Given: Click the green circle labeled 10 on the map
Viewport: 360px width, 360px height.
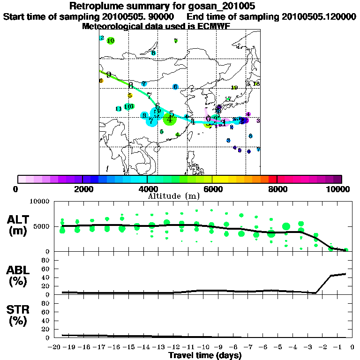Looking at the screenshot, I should (x=111, y=41).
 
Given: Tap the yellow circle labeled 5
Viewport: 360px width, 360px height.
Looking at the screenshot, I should (x=130, y=96).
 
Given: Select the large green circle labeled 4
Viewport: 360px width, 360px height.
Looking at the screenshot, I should (x=169, y=119).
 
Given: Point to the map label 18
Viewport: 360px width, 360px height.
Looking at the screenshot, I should (x=256, y=83).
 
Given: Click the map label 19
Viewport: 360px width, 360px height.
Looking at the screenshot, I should (x=234, y=88).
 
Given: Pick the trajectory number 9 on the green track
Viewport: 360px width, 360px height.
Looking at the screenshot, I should (x=109, y=75).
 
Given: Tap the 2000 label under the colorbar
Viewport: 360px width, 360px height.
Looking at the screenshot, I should (x=82, y=189).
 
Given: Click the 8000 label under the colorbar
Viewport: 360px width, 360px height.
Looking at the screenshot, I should (x=277, y=189).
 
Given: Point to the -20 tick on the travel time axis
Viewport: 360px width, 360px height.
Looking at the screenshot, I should (x=56, y=347).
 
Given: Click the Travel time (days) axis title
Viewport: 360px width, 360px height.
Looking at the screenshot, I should (x=205, y=355).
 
